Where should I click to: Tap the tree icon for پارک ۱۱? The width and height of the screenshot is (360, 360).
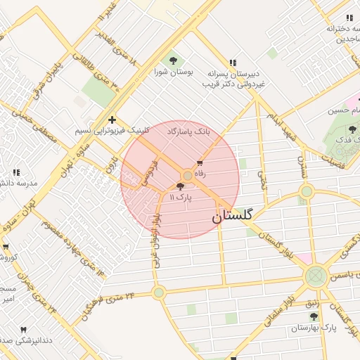pos(181,186)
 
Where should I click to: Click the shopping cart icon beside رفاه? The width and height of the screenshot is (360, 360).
pos(200,164)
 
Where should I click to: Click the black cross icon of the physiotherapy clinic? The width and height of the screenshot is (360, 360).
pos(112,120)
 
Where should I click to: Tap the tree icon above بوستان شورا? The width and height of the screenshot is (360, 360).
pos(173,60)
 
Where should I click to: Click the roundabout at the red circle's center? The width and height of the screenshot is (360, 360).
pos(188,176)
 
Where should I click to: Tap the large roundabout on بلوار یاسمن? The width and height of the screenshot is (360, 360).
pos(316,275)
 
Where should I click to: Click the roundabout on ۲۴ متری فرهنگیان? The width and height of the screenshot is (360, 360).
pos(159,292)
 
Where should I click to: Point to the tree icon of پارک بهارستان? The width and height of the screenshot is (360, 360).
pos(314,317)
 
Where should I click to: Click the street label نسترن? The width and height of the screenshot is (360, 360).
pos(303,166)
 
